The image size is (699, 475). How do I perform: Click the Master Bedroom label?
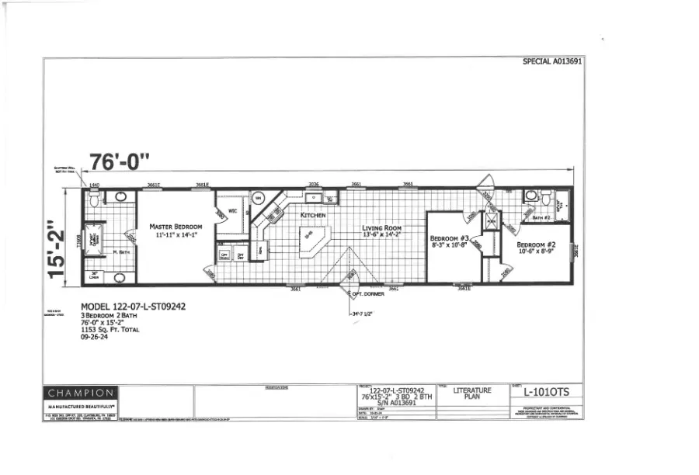(176, 227)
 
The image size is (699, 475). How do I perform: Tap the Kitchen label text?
(313, 215)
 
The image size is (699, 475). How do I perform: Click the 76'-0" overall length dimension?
(119, 162)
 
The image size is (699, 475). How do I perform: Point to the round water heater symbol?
(259, 198)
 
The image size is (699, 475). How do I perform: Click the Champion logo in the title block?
(81, 394)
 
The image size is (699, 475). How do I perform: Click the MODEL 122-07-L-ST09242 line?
(134, 307)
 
